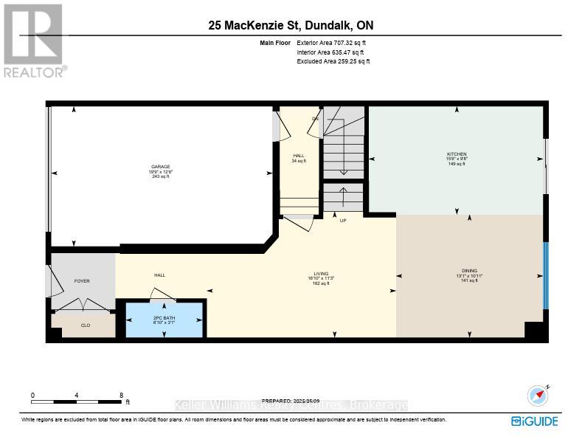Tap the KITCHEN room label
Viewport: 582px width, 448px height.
pos(457,154)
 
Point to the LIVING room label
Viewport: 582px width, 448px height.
pos(320,274)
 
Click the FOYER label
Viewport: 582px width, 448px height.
pos(82,281)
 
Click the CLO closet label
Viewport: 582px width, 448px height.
pos(86,325)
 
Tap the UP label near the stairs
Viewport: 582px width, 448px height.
pos(343,221)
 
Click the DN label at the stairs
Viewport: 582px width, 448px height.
pos(315,118)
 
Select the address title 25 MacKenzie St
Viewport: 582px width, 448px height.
pos(291,26)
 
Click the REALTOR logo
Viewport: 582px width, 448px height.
pos(34,41)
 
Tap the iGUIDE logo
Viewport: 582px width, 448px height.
pos(535,421)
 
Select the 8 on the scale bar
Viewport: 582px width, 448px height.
pos(121,396)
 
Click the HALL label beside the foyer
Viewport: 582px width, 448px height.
pos(159,275)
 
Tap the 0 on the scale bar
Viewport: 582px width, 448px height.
pos(32,396)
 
